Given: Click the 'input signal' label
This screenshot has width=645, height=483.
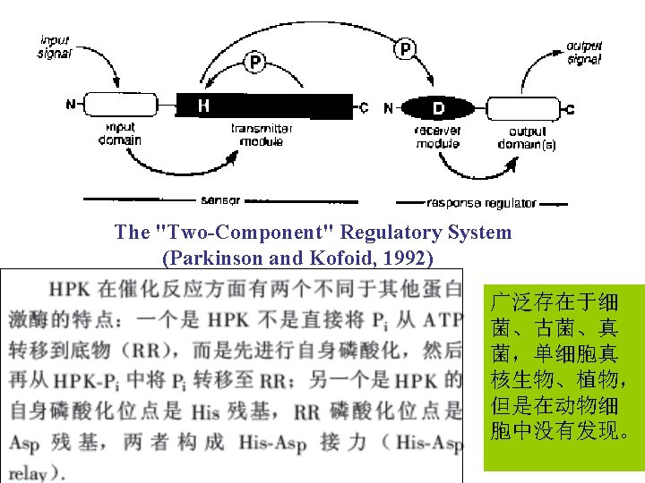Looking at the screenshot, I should click(55, 47).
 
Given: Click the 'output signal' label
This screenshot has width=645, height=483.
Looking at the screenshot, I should click(584, 53).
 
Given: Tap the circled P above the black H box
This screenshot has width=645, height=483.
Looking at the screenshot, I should click(255, 63).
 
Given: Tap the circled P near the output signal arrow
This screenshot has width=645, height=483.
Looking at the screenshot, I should click(405, 48).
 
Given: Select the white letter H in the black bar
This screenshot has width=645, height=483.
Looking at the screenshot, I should click(204, 106).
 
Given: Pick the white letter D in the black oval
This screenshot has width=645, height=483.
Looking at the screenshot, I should click(439, 108).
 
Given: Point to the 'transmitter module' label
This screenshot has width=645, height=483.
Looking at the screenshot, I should click(262, 135).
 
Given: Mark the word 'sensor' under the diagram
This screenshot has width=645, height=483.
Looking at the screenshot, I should click(219, 199).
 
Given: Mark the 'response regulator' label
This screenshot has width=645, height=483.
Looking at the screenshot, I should click(483, 203).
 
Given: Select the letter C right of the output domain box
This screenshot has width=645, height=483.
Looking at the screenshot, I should click(570, 109).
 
